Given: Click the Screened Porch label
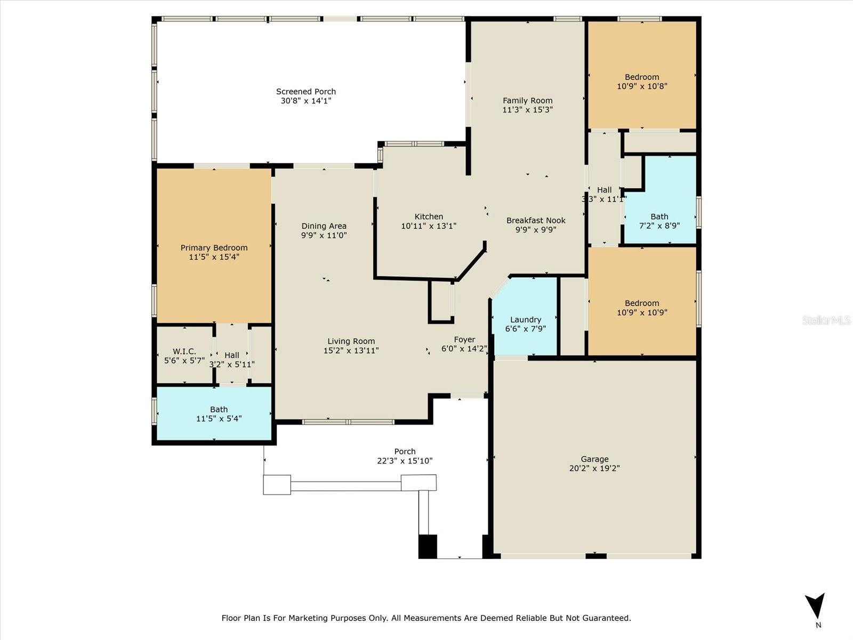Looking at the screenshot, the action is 306,92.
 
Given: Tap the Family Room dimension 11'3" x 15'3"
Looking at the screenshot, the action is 527,109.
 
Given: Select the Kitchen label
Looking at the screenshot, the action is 429,217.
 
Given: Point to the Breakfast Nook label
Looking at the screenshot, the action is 536,220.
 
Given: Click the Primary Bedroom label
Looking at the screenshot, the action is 214,247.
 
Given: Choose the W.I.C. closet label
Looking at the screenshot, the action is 184,351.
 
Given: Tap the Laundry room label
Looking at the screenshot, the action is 526,320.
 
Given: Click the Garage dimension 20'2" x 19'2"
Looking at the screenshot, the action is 594,468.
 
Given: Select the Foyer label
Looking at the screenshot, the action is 464,340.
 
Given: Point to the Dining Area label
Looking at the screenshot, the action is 324,226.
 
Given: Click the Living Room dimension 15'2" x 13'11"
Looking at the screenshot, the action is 351,350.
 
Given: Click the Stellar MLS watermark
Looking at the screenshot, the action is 826,320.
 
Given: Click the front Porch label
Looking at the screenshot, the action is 405,452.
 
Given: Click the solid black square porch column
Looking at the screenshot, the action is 428,546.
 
